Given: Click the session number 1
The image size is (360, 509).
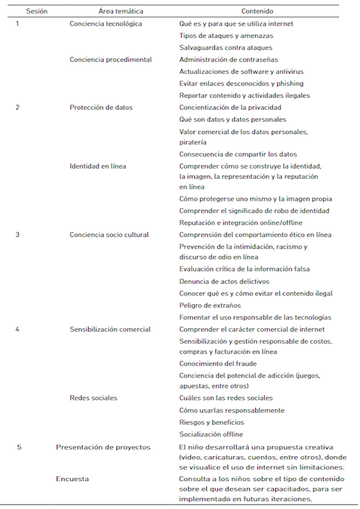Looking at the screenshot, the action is (17, 24).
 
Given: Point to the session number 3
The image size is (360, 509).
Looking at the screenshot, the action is (17, 234).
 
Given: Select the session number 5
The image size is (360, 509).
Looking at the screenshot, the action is (18, 447).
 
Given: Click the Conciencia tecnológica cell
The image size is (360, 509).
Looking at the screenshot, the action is (106, 24).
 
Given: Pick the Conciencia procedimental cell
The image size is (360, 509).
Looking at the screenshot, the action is (111, 59).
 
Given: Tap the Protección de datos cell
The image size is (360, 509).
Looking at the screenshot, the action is (101, 107).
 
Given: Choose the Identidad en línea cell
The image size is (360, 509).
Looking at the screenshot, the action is (98, 166).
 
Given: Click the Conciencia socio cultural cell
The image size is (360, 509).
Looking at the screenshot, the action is (109, 234).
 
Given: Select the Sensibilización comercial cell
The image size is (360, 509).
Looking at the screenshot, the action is (110, 329).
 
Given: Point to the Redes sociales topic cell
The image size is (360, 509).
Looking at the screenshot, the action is (93, 398).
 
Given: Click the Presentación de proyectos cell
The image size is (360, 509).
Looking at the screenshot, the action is (103, 447).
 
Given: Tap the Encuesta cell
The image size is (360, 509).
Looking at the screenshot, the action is (72, 478).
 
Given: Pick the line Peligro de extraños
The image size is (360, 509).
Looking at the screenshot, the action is (210, 305).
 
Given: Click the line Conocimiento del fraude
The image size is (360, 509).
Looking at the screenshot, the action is (217, 363).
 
